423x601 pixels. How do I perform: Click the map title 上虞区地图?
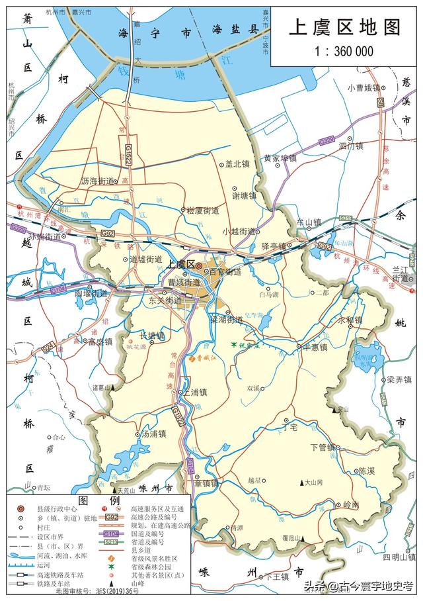pos(345,27)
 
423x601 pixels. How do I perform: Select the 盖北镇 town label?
pos(237,163)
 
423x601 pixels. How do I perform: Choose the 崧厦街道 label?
pos(203,210)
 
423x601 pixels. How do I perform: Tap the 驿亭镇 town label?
pos(274,246)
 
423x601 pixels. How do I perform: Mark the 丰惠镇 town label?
pos(316,346)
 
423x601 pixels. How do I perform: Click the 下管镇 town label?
pos(324,447)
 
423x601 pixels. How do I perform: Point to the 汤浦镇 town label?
pos(153,435)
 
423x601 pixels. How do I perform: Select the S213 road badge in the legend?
pos(112,541)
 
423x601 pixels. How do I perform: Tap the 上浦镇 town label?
pos(195,392)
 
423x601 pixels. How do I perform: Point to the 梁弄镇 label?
pos(399,380)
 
